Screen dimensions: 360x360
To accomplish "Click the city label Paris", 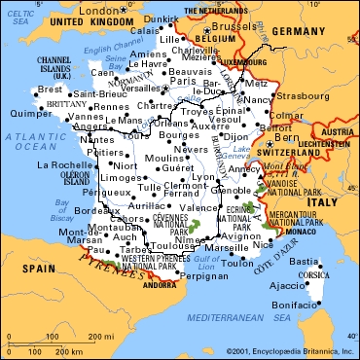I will tap(176, 81).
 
